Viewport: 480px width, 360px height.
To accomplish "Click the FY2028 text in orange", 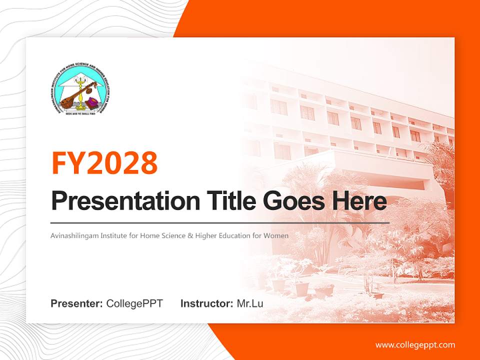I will tap(104, 162).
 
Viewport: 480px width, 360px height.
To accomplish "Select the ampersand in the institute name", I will tap(190, 235).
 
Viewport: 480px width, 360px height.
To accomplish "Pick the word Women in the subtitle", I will tap(277, 235).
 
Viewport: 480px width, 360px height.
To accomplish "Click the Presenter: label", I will tap(76, 303).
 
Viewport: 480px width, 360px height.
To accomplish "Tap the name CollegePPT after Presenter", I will tap(134, 303).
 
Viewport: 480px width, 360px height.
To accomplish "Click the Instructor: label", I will tap(206, 303).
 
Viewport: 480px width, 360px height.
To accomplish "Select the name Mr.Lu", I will tap(250, 303).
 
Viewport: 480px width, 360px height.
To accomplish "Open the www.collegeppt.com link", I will tap(415, 344).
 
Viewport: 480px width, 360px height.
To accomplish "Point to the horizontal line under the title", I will tap(220, 222).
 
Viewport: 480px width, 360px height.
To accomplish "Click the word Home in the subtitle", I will tap(151, 235).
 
